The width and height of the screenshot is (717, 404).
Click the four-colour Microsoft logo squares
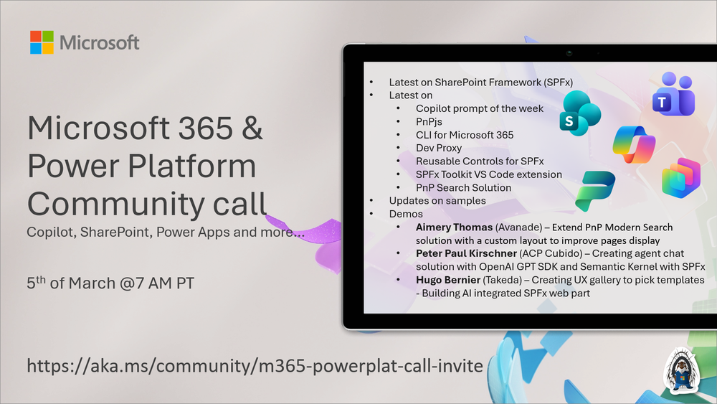click(42, 42)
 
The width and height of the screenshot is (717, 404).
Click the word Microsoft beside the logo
click(99, 42)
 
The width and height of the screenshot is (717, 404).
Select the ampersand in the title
click(252, 128)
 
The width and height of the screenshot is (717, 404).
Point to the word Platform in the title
click(191, 165)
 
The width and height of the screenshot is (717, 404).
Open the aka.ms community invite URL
click(255, 365)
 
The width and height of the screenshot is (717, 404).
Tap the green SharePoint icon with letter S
click(580, 113)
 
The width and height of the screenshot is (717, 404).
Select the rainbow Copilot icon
click(634, 144)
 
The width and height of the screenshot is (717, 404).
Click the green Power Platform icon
click(595, 191)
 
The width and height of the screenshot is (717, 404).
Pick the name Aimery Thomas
click(454, 227)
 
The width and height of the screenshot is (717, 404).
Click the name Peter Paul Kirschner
click(466, 253)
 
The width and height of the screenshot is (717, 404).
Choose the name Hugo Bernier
click(447, 280)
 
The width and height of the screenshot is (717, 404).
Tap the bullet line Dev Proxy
click(439, 149)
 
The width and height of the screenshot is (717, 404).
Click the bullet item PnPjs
click(429, 122)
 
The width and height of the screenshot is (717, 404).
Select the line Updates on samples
click(437, 201)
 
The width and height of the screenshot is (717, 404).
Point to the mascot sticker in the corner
click(681, 371)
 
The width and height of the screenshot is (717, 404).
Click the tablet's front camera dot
click(569, 54)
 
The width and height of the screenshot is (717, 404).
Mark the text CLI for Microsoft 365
click(465, 135)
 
